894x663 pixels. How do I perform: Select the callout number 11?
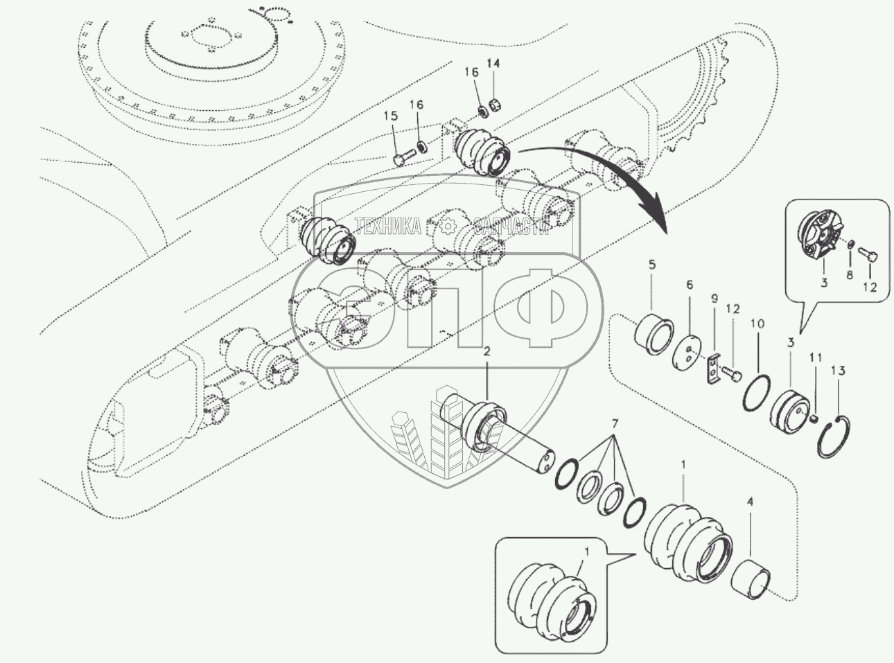pos(816,358)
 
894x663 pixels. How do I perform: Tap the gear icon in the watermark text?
pos(447,225)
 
